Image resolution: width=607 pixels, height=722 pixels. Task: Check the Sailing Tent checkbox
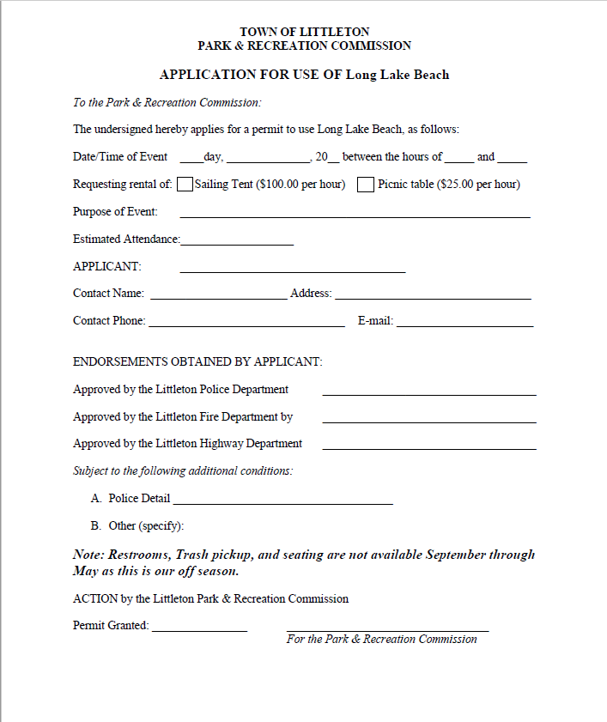click(x=185, y=184)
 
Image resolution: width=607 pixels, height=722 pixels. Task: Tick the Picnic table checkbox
click(x=366, y=184)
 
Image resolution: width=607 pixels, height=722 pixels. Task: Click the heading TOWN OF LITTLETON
click(x=304, y=32)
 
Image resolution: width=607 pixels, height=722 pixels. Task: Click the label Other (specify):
click(x=146, y=525)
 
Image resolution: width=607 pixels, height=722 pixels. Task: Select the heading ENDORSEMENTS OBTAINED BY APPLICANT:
click(x=197, y=361)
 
